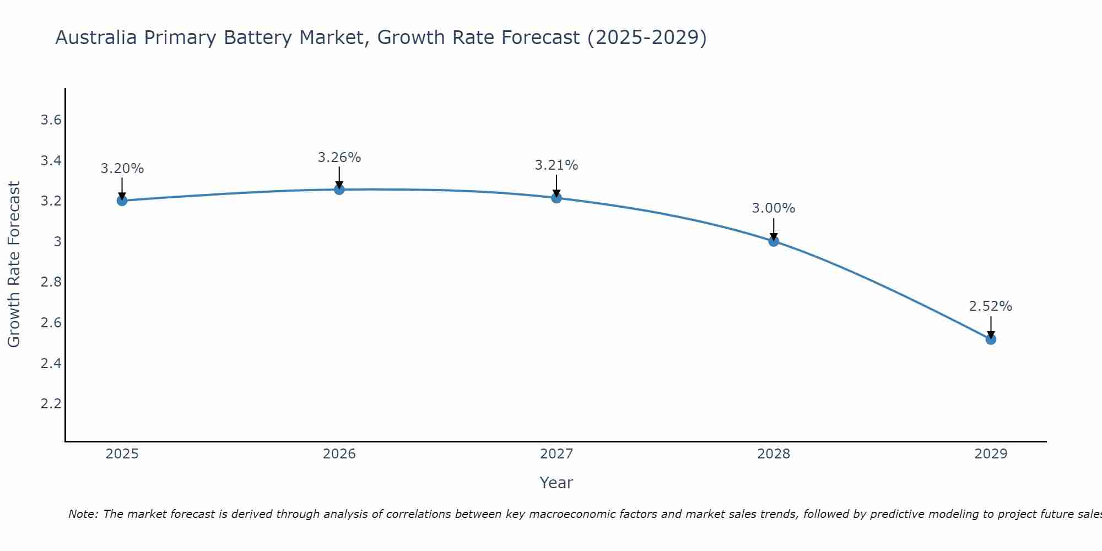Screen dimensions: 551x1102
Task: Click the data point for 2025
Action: click(122, 201)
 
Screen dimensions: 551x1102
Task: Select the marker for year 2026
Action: click(339, 190)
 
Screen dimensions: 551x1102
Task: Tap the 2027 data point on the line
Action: click(557, 198)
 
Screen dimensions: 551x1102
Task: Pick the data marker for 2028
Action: click(774, 241)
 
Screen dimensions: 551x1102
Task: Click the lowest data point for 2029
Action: click(991, 339)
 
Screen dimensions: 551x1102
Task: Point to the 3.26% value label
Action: click(339, 158)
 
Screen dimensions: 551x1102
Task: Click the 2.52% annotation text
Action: click(991, 306)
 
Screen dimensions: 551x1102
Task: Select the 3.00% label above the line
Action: click(774, 208)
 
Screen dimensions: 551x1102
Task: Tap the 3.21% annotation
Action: click(557, 165)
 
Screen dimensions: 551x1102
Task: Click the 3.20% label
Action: click(122, 169)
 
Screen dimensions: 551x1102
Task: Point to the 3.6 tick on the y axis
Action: click(51, 120)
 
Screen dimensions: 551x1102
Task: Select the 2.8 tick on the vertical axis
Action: click(51, 282)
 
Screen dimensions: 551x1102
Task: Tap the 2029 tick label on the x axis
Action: click(991, 454)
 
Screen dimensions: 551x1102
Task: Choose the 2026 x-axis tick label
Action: click(339, 454)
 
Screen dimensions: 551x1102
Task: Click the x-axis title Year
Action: click(557, 483)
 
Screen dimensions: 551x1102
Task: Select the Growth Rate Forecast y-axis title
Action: click(14, 264)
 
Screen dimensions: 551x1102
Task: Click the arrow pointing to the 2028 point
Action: click(774, 229)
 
